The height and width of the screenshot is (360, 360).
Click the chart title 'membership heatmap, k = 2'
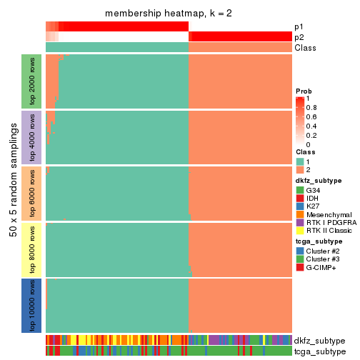coord(169,14)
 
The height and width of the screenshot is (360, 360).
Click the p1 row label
coord(299,26)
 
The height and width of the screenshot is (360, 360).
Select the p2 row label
coord(299,37)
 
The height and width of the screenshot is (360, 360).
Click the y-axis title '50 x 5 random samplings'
coord(12,193)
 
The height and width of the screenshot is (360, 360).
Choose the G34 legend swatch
coord(301,191)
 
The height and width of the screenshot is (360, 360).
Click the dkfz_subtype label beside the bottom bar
coord(319,340)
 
